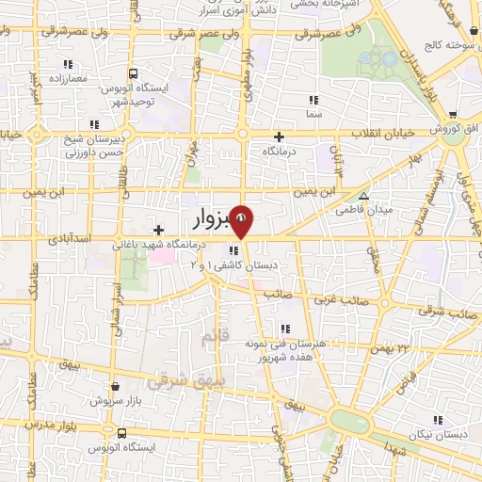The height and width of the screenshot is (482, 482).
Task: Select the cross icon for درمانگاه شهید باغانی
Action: [159, 230]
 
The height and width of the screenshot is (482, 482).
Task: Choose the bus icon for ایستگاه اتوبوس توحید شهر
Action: [133, 72]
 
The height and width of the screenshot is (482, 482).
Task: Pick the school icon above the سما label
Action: [313, 99]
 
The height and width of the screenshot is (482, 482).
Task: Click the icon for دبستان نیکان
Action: [436, 420]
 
